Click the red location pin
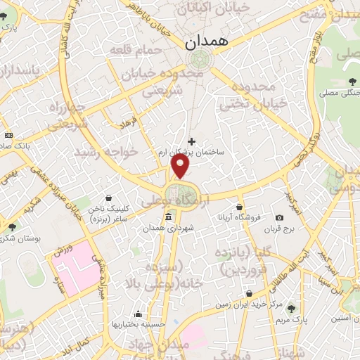click(181, 166)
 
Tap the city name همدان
click(206, 43)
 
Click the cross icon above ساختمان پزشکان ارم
click(191, 141)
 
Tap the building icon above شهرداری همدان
click(167, 217)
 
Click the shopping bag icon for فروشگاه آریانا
click(240, 207)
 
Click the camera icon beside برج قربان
click(279, 218)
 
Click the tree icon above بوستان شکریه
click(12, 226)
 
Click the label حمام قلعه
click(136, 51)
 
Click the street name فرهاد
click(129, 124)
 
